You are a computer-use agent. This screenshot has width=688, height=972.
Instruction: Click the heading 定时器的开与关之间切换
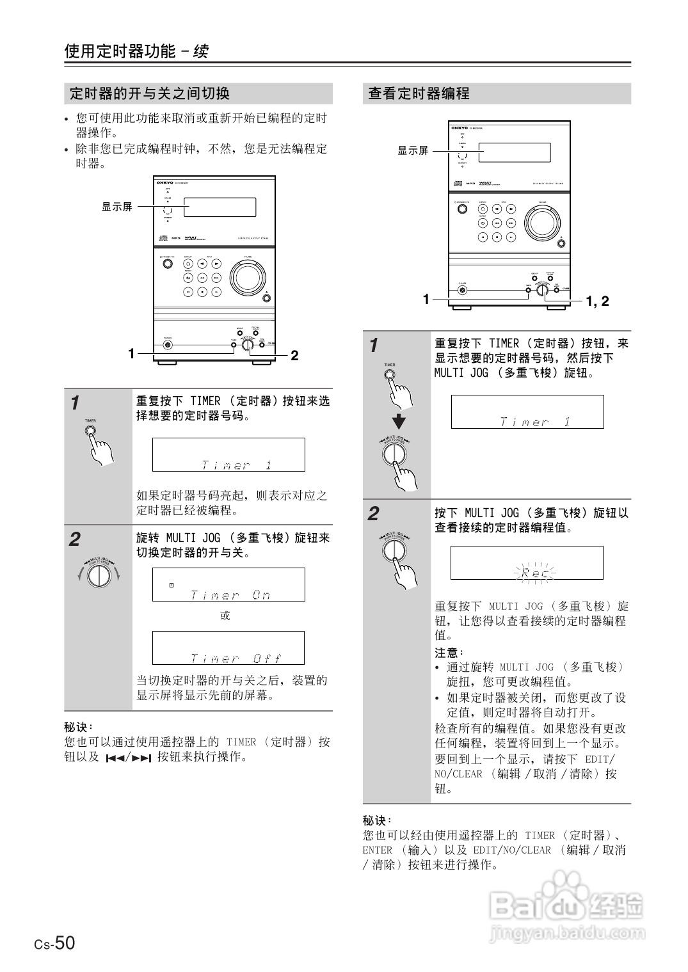(149, 94)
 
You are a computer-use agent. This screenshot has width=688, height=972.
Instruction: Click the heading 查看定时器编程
(419, 94)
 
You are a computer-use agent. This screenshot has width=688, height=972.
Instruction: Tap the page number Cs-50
(55, 943)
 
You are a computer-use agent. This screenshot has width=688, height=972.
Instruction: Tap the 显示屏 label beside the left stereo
(117, 207)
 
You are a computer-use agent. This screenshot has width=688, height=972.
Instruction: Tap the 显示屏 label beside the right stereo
(413, 151)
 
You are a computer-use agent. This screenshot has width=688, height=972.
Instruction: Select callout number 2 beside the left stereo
(294, 355)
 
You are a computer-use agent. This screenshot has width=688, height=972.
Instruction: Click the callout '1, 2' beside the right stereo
(597, 301)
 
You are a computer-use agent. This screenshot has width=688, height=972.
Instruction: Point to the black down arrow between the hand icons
(399, 422)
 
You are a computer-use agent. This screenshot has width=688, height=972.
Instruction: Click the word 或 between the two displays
(225, 616)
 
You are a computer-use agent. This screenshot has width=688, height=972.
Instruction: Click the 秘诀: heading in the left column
(79, 727)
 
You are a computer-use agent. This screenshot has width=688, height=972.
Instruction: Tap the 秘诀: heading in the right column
(377, 820)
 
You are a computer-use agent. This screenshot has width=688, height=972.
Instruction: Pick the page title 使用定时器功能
(120, 52)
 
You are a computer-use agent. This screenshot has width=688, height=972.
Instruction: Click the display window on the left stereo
(220, 207)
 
